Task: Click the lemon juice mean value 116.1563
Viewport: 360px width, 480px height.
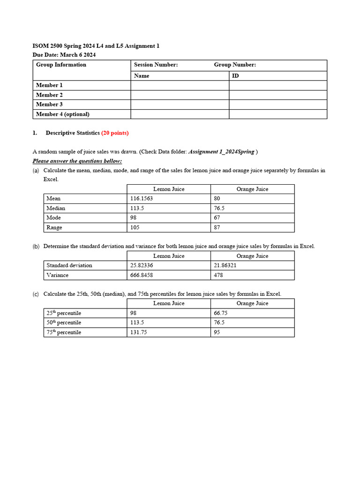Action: coord(142,199)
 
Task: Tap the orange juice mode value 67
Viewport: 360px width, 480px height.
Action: coord(217,218)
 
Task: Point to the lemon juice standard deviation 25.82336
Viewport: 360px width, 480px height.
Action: coord(143,265)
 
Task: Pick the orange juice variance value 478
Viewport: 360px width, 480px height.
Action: coord(218,275)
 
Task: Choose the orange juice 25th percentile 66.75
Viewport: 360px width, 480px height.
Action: coord(220,313)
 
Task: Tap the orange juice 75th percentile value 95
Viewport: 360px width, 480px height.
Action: coord(217,332)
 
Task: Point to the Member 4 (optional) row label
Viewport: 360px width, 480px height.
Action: coord(62,114)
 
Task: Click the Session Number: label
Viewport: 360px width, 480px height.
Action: coord(156,65)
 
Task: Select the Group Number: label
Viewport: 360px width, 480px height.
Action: coord(235,65)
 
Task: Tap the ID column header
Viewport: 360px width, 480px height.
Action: coord(235,75)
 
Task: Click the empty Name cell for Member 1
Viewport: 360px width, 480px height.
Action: coord(180,85)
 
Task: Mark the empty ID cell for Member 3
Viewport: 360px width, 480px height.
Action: coord(277,105)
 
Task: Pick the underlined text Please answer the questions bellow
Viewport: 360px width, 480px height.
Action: coord(77,161)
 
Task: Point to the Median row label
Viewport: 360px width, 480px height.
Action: coord(56,208)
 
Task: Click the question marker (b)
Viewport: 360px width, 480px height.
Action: coord(36,247)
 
